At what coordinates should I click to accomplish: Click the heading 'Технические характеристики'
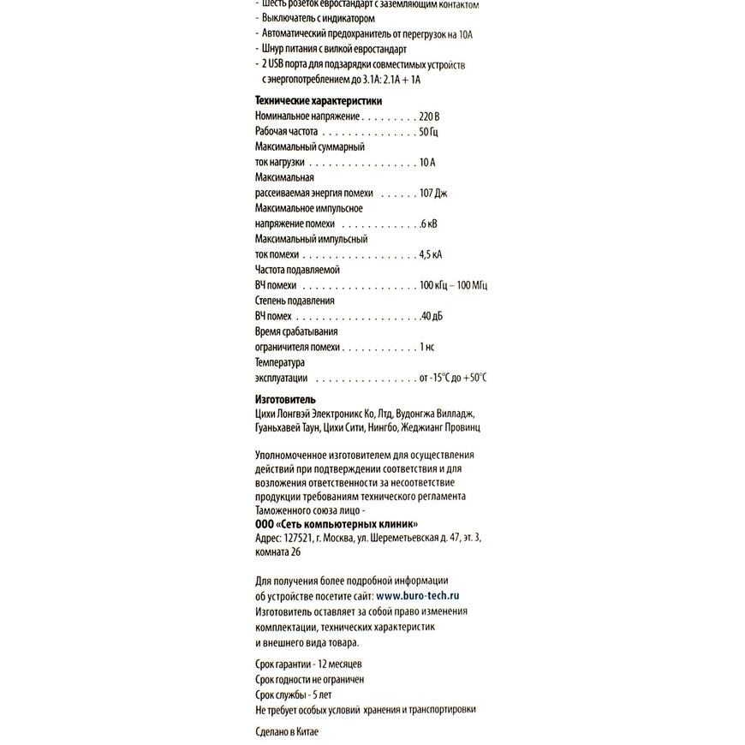click(x=319, y=101)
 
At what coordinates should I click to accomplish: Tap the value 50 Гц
click(x=429, y=132)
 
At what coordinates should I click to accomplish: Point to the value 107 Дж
click(x=433, y=194)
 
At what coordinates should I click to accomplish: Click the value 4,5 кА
click(x=431, y=255)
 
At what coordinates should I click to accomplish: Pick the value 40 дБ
click(x=432, y=317)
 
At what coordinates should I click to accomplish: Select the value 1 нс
click(x=427, y=348)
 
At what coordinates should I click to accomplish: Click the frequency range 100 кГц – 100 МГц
click(x=453, y=286)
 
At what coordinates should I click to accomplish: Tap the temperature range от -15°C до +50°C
click(x=453, y=378)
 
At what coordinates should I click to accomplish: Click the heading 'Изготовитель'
click(x=285, y=399)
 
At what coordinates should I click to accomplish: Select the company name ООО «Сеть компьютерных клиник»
click(x=337, y=523)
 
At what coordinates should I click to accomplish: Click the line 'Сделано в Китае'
click(x=287, y=733)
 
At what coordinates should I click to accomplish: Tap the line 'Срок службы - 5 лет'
click(x=294, y=694)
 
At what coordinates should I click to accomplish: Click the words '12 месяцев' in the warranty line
click(x=340, y=664)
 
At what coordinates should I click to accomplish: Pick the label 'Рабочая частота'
click(x=287, y=132)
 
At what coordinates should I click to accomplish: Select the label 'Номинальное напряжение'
click(x=307, y=116)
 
